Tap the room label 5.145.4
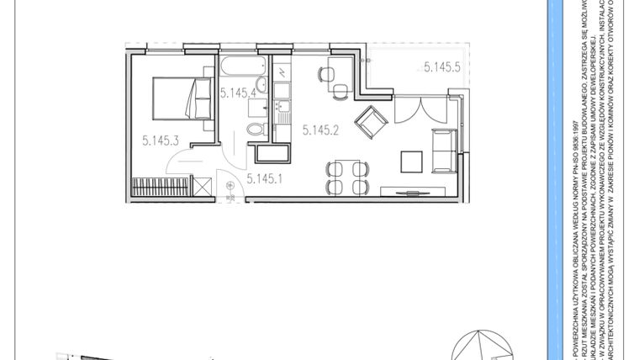(x=238, y=93)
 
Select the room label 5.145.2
(x=320, y=130)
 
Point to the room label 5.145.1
(x=266, y=177)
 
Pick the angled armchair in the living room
(x=370, y=123)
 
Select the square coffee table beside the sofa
(x=412, y=160)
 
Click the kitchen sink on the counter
(x=282, y=107)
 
